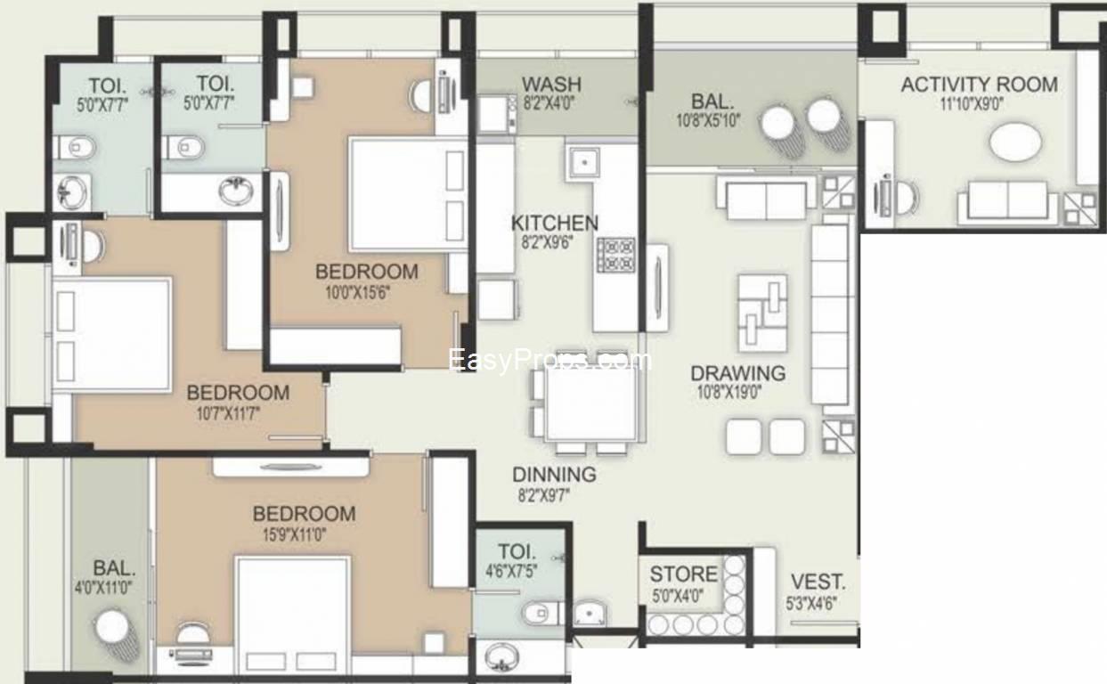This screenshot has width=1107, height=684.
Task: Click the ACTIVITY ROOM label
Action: pyautogui.click(x=979, y=85)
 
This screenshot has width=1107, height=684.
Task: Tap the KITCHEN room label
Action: pyautogui.click(x=554, y=223)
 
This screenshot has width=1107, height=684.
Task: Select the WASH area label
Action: pyautogui.click(x=551, y=85)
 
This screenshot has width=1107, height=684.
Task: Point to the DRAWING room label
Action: pyautogui.click(x=737, y=373)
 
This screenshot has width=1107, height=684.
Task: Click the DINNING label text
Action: pyautogui.click(x=554, y=475)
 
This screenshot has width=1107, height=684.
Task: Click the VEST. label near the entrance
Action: pyautogui.click(x=818, y=583)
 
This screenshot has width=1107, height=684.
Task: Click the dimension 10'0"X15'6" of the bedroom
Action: pyautogui.click(x=366, y=290)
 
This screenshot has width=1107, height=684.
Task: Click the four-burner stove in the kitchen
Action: pyautogui.click(x=615, y=255)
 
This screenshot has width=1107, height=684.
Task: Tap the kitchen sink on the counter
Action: pyautogui.click(x=582, y=162)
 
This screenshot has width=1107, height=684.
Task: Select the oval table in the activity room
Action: pyautogui.click(x=1014, y=142)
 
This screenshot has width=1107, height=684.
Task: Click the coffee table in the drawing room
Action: pyautogui.click(x=761, y=312)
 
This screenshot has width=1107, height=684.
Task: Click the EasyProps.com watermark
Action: pyautogui.click(x=549, y=360)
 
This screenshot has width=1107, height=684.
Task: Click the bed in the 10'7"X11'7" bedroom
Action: pyautogui.click(x=112, y=334)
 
